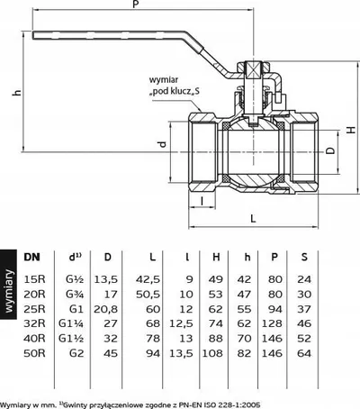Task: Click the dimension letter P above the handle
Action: coord(136,5)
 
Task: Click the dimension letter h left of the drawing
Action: coord(17,92)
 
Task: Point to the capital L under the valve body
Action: coord(254,218)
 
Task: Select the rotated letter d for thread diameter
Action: coord(162,144)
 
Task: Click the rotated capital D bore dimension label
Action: coord(330,150)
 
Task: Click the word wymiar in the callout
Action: coord(164,80)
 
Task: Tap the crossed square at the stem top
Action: coord(254,70)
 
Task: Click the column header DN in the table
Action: coord(31,257)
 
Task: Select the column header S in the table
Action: coord(304,257)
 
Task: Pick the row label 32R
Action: coord(34,323)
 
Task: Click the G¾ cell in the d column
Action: coord(75,294)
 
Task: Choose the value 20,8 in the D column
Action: coord(106,309)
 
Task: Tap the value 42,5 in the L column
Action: coord(148,279)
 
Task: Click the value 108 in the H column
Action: coord(212,353)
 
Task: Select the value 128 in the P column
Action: coord(272,323)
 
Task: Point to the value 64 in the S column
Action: coord(304,353)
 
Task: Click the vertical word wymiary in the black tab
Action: coord(8,291)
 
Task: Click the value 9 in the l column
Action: coord(189,279)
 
